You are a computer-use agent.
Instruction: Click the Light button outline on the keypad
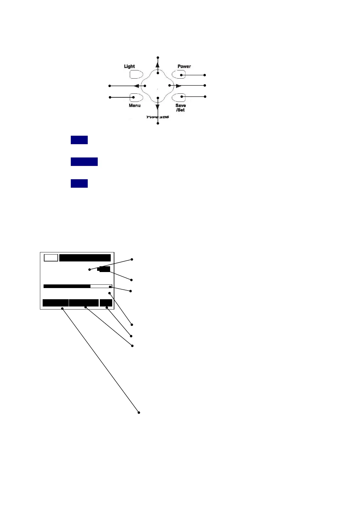tap(136, 74)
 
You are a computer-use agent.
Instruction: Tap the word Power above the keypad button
tap(184, 66)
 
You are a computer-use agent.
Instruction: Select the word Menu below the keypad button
tap(135, 105)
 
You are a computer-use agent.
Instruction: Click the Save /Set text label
tap(181, 108)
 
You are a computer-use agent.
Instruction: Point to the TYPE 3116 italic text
tap(158, 117)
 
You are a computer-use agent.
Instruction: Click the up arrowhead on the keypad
tap(158, 64)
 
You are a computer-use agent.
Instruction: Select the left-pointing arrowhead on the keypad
tap(137, 86)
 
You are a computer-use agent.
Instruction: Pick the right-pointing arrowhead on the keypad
tap(178, 86)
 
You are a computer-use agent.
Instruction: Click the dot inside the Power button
tap(182, 75)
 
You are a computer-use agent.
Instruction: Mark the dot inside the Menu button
tap(133, 97)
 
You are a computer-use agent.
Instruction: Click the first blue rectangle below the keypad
tap(79, 140)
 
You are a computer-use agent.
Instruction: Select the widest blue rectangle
tap(84, 162)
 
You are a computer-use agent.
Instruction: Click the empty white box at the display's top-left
tap(51, 258)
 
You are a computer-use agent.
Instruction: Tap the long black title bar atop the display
tap(85, 258)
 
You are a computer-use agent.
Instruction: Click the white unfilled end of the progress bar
tap(101, 286)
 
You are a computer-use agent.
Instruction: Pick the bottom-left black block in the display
tap(56, 303)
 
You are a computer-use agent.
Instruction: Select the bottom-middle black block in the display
tap(84, 303)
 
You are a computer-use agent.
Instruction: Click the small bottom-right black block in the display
tap(106, 303)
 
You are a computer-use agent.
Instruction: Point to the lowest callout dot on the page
tap(139, 413)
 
